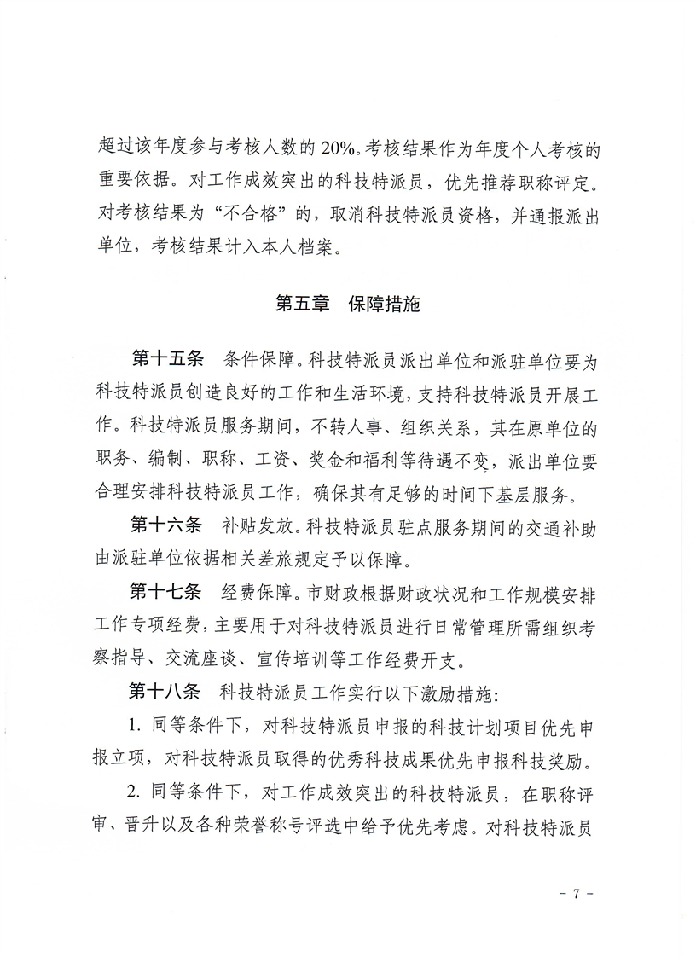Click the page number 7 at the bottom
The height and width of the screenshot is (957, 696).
(x=576, y=894)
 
